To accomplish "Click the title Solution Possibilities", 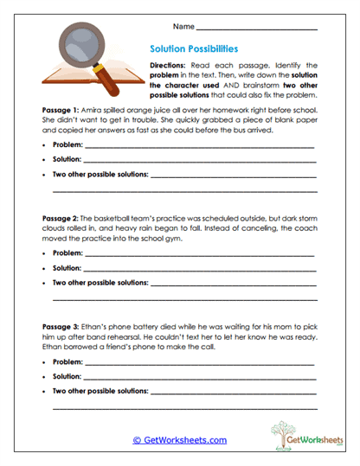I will (x=195, y=49).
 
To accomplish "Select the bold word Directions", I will (x=170, y=66).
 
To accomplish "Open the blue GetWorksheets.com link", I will (x=179, y=439).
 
